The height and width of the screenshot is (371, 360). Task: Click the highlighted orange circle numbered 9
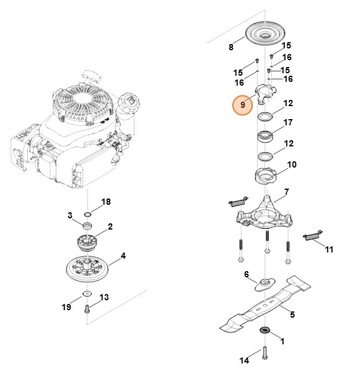pos(244,105)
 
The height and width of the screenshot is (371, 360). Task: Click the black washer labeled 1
pos(265,329)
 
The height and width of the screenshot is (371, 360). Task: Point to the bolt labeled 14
pos(265,353)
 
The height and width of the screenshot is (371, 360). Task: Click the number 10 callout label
pos(292,165)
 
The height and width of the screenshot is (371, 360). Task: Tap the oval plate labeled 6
pos(265,285)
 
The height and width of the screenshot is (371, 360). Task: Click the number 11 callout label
pos(329,249)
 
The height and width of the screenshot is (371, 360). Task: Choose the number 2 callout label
pos(110,227)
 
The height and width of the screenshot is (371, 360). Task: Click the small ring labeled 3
pos(87,224)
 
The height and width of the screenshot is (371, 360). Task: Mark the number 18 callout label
pos(106,202)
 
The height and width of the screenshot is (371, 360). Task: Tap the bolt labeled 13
pos(87,308)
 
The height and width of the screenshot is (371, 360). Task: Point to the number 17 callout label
pos(288,123)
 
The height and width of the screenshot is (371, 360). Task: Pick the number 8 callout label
pos(230,47)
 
